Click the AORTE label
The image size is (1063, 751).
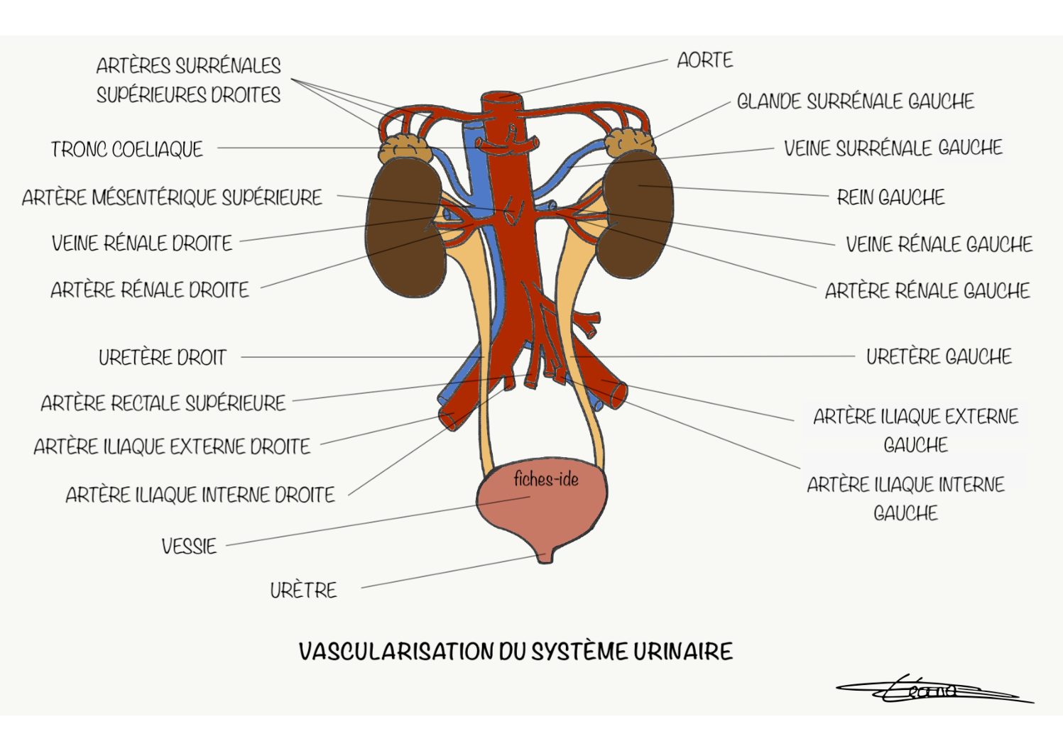tap(704, 60)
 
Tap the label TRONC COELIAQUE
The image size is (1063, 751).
tap(126, 149)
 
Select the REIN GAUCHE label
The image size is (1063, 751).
tap(890, 197)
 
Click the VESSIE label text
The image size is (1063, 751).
tap(189, 546)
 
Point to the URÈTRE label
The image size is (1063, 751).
tap(303, 590)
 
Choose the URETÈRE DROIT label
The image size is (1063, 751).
tap(163, 357)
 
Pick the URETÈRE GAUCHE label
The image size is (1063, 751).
tap(939, 356)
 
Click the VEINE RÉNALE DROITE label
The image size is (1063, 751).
tap(142, 243)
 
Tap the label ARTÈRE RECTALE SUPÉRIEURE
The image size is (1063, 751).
tap(163, 402)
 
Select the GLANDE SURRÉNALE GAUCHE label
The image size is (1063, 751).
tap(855, 101)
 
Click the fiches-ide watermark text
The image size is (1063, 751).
tap(546, 479)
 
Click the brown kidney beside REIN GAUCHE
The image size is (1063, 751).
tap(635, 214)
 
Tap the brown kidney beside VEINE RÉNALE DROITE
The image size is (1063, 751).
tap(404, 228)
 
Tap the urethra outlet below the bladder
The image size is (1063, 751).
tap(545, 556)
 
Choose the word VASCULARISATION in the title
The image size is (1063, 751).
tap(396, 651)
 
